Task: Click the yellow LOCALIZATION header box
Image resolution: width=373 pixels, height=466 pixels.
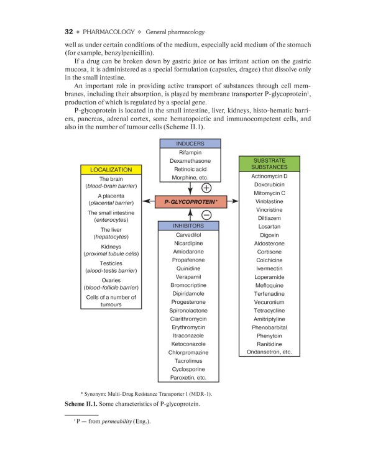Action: tap(111, 169)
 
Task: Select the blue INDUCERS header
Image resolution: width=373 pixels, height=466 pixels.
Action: tap(190, 144)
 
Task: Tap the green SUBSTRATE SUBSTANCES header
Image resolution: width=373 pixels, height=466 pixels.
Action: tap(270, 163)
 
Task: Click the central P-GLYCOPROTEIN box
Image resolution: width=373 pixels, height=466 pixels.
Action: tap(190, 201)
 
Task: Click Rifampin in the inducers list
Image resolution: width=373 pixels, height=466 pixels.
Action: tap(190, 152)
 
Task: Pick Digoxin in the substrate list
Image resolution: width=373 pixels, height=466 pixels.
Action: tap(270, 235)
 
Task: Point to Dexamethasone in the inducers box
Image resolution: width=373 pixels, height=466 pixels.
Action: tap(190, 160)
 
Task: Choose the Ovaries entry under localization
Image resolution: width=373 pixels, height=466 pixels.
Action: tap(111, 280)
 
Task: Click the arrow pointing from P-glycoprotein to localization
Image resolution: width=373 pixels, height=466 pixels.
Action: tap(149, 201)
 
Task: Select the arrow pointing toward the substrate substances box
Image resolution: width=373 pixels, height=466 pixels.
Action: tap(232, 201)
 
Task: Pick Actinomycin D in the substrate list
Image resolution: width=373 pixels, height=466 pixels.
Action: tap(270, 176)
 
